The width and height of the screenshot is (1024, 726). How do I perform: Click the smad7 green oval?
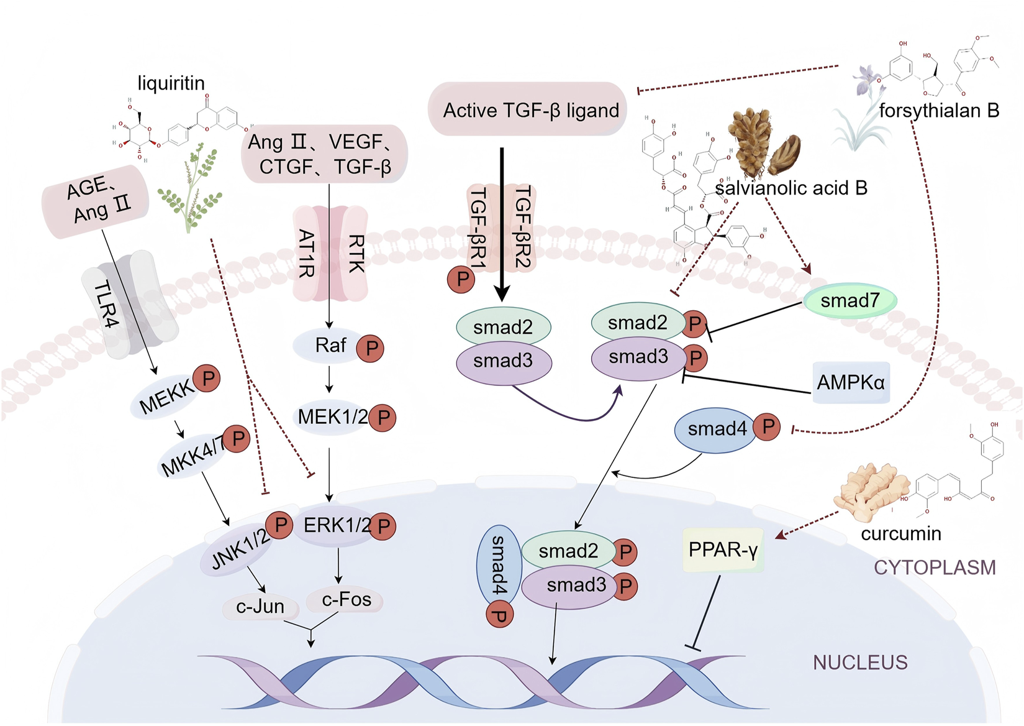click(x=850, y=301)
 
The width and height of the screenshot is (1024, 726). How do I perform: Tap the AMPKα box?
click(x=851, y=382)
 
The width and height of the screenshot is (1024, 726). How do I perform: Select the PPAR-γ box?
click(x=723, y=550)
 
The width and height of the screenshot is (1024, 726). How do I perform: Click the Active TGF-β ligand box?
click(x=528, y=109)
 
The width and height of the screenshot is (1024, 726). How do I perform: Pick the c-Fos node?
click(x=345, y=600)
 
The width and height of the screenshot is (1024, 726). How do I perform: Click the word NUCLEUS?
click(x=860, y=663)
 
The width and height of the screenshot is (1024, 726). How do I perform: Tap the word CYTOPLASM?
click(x=935, y=567)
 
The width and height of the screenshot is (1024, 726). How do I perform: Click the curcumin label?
click(x=901, y=534)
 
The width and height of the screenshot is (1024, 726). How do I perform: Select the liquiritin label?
click(x=171, y=83)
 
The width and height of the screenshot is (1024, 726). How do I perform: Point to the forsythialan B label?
click(x=939, y=111)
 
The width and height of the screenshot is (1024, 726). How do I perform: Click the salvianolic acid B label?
click(x=791, y=188)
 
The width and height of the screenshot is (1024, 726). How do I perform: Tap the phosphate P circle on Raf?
click(x=370, y=348)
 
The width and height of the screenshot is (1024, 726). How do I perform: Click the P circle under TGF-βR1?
click(x=461, y=279)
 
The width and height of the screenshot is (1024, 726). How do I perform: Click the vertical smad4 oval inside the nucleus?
click(x=499, y=566)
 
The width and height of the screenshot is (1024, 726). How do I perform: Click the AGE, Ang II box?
click(x=95, y=202)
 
